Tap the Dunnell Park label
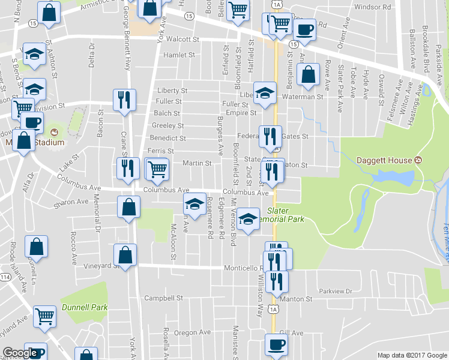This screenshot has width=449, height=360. (84, 307)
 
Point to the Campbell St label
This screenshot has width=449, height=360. (164, 298)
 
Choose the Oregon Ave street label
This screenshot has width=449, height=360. (192, 332)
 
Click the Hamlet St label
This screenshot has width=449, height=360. (179, 55)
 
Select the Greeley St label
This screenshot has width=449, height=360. (168, 125)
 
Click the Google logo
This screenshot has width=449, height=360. (20, 353)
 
